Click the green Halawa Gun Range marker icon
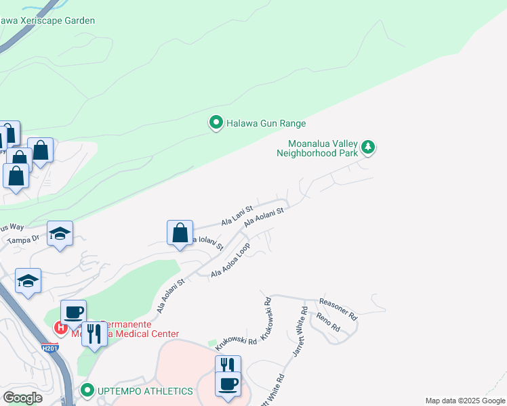click(x=216, y=122)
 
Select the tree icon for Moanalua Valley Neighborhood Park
click(x=368, y=146)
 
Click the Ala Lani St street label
click(x=237, y=216)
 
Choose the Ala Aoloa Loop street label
click(x=230, y=260)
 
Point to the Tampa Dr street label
click(x=24, y=239)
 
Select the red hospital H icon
click(x=60, y=328)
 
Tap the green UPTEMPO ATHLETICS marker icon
click(x=87, y=390)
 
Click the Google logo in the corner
click(x=22, y=397)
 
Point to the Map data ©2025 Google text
click(x=466, y=401)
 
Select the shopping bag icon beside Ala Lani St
click(x=180, y=233)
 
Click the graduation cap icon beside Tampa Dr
click(x=60, y=233)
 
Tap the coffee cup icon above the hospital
click(x=73, y=312)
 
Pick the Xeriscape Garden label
click(x=47, y=20)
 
